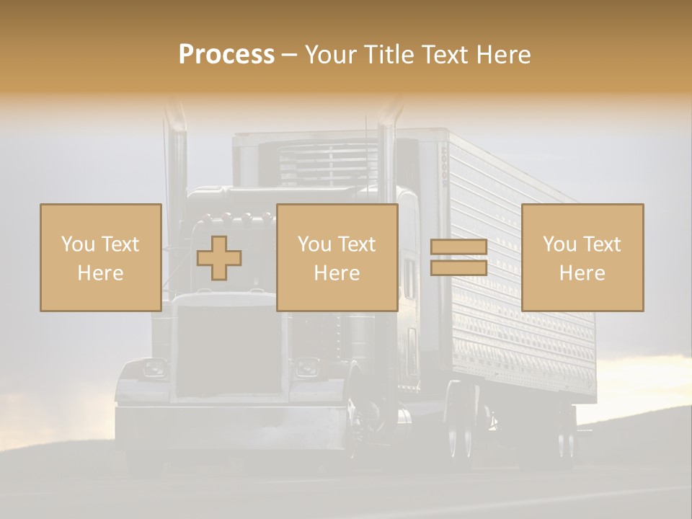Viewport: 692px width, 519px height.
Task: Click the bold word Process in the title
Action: click(x=226, y=55)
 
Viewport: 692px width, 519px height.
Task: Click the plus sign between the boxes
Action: click(x=219, y=257)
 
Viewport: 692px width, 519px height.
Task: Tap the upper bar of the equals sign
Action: click(x=458, y=247)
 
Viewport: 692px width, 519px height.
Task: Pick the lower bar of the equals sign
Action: click(x=458, y=268)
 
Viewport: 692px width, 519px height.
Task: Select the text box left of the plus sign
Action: click(x=100, y=257)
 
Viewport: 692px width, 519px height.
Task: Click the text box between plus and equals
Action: click(x=337, y=257)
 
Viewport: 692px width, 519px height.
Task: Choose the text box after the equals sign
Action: click(x=582, y=257)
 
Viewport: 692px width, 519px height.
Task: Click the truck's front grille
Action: click(x=229, y=350)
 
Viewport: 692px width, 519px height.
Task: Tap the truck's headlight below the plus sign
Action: click(x=154, y=368)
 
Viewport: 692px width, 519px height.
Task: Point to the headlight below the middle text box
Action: click(x=308, y=368)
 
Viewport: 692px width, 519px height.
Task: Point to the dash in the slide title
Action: click(x=289, y=56)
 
